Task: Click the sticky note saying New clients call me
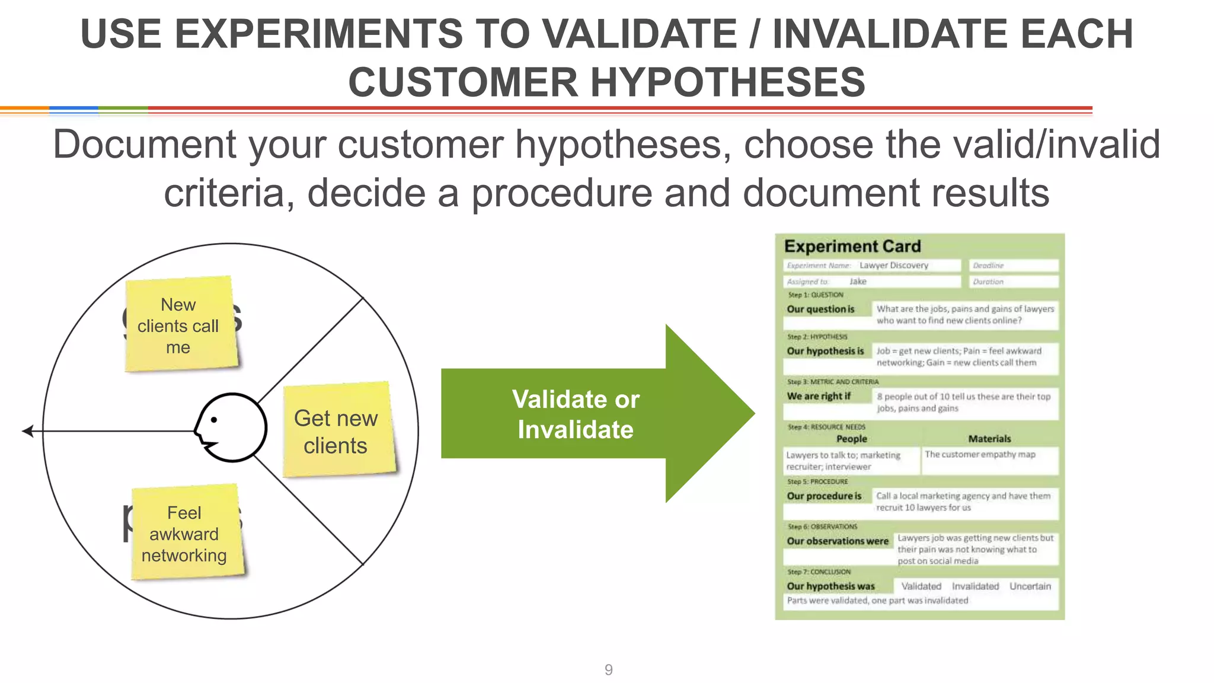[x=179, y=325]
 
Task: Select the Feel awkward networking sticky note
[x=186, y=533]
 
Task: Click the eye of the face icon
[x=214, y=420]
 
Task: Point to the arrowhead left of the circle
[x=27, y=431]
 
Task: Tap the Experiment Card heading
[x=852, y=246]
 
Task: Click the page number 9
[x=608, y=669]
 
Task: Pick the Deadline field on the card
[x=1014, y=266]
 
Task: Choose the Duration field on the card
[x=1014, y=282]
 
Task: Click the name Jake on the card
[x=858, y=282]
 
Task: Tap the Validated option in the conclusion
[x=921, y=586]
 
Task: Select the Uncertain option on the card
[x=1030, y=586]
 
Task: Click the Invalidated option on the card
[x=975, y=586]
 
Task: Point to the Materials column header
[x=989, y=439]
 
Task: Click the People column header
[x=851, y=439]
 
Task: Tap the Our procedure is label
[x=824, y=496]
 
